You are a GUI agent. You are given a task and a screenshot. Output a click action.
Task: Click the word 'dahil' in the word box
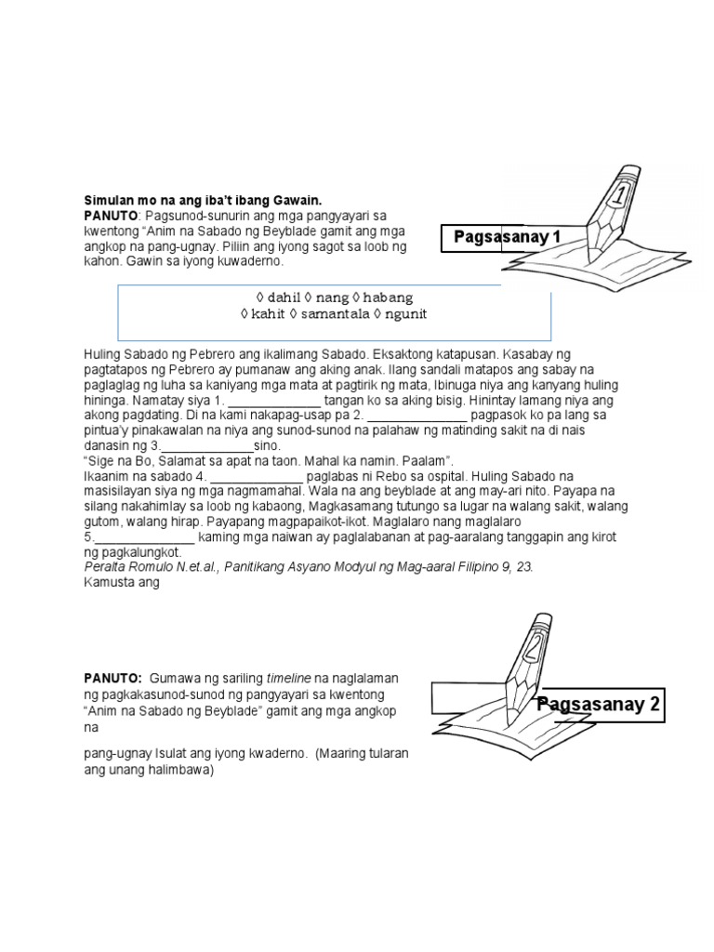(x=284, y=297)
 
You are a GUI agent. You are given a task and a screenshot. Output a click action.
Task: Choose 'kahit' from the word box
(x=269, y=314)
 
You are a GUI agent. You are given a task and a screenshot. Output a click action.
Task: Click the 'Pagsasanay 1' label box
(x=508, y=237)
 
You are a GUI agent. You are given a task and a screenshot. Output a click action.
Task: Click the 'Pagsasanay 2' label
(x=599, y=704)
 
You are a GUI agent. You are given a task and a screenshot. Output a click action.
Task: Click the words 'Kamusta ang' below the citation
(x=122, y=583)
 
